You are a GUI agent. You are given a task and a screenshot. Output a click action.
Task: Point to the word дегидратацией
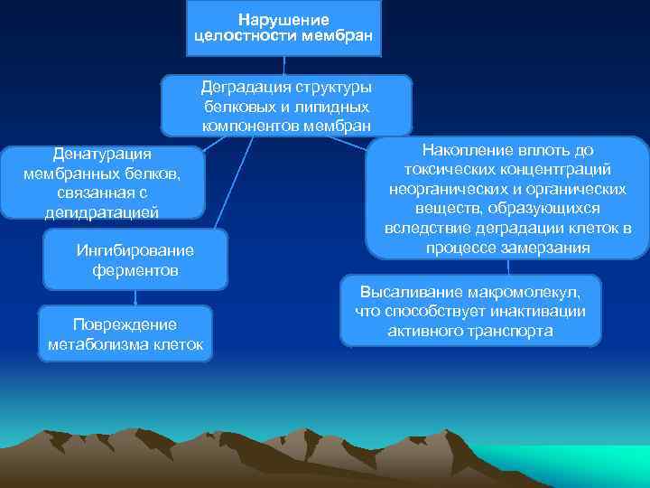(x=102, y=212)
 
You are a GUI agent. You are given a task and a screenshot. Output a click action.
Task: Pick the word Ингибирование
(x=135, y=250)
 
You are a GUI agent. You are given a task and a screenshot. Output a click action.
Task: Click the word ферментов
(x=135, y=269)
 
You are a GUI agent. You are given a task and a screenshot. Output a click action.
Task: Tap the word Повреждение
(x=125, y=324)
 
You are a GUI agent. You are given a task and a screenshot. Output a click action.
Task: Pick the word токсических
(x=441, y=170)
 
